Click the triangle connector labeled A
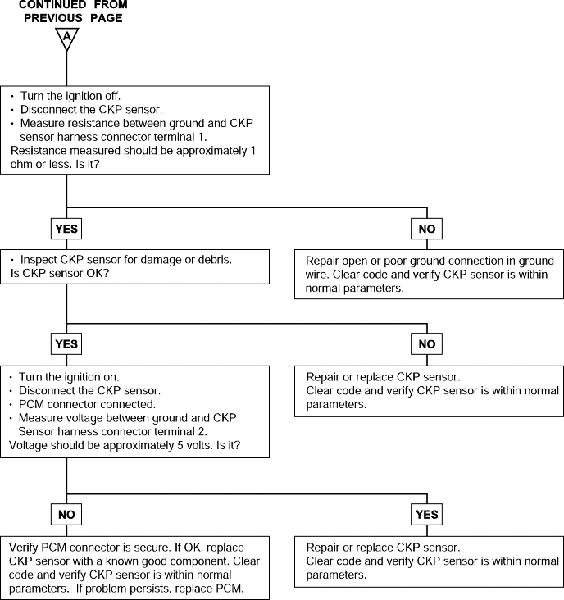click(67, 39)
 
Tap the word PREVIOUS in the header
click(53, 18)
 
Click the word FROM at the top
click(111, 5)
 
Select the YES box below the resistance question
click(66, 229)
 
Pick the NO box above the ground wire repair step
click(426, 229)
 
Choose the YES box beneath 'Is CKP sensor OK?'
click(66, 344)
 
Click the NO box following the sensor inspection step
click(426, 344)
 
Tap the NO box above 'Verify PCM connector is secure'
click(66, 515)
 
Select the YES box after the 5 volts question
click(426, 515)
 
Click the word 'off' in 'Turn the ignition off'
click(112, 96)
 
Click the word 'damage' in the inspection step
click(161, 261)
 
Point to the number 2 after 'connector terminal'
click(202, 432)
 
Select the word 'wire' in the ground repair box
click(317, 275)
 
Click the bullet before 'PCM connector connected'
click(11, 404)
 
